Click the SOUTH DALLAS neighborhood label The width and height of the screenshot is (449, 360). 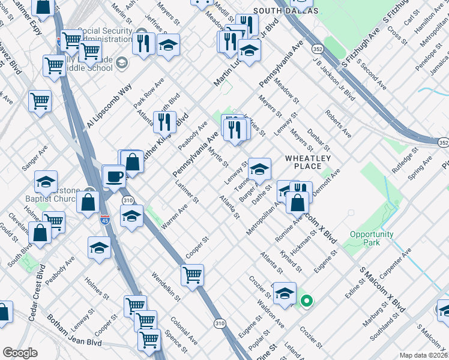point(278,11)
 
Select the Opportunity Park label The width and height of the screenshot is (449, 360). point(372,238)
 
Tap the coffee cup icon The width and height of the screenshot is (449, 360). point(113,177)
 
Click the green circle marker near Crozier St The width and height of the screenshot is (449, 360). point(306,301)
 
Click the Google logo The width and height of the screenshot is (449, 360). point(20,353)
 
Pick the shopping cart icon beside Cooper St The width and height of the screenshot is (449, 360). point(192,275)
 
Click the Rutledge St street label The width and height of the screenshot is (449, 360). point(406,159)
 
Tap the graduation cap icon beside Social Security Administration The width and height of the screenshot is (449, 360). point(168,45)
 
